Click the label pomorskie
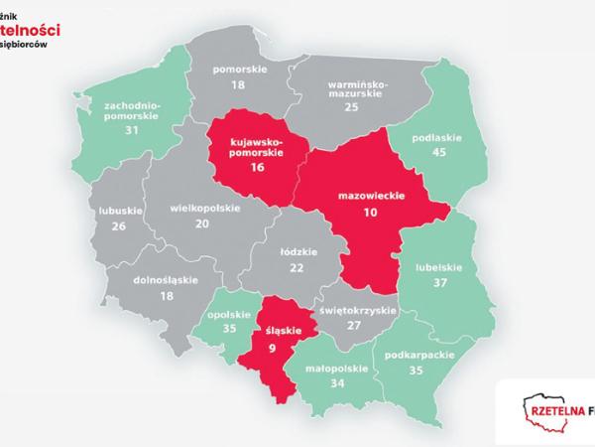pyautogui.click(x=238, y=70)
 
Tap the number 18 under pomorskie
pyautogui.click(x=238, y=87)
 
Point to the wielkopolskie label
pyautogui.click(x=203, y=210)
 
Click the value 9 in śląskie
pyautogui.click(x=272, y=348)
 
